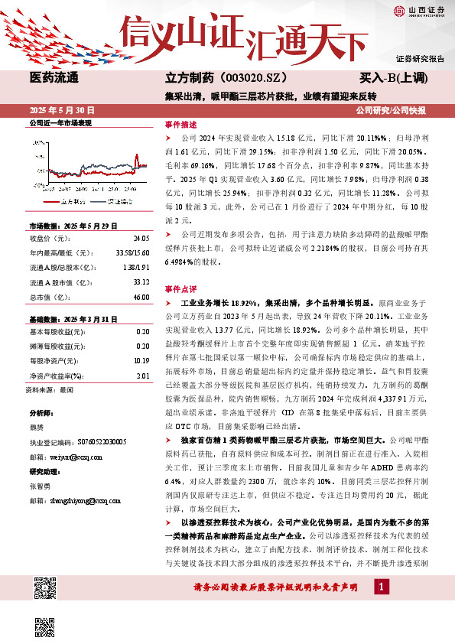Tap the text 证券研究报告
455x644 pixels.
coord(420,59)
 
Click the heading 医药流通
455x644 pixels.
coord(54,78)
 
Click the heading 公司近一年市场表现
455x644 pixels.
coord(60,123)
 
